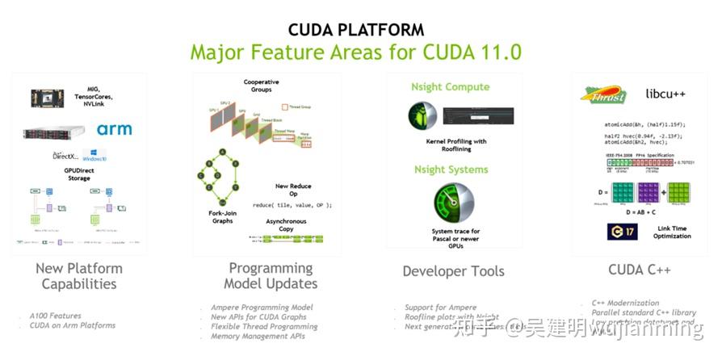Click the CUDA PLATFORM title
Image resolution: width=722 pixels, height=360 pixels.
pos(356,30)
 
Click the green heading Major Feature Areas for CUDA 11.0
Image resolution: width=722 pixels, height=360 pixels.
pos(355,53)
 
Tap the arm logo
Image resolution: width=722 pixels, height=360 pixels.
pos(114,130)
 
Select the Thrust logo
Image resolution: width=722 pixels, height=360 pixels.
pos(605,94)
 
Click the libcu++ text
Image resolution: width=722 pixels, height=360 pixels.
pos(665,94)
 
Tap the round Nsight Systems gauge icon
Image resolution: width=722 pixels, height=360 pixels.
pos(452,203)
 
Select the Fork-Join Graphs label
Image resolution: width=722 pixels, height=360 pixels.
pos(222,216)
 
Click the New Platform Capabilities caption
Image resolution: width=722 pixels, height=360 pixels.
pos(79,276)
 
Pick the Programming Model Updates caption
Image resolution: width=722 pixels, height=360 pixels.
pos(271,275)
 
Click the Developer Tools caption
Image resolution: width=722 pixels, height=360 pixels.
pos(453,272)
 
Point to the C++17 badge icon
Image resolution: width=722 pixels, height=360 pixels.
pos(622,232)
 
